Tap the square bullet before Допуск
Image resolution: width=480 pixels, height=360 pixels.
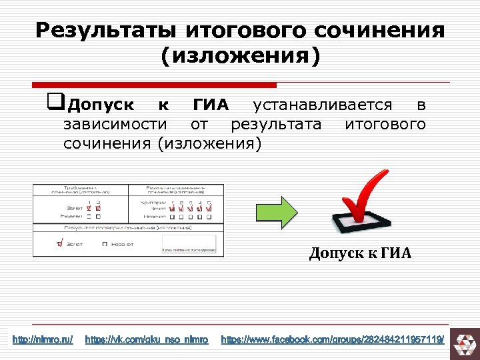coord(55,103)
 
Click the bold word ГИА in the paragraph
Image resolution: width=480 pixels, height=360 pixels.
coord(211,105)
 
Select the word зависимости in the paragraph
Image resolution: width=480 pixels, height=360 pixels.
coord(115,125)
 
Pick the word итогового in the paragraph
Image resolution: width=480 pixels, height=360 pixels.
coord(385,125)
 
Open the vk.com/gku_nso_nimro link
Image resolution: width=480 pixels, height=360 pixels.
coord(147,341)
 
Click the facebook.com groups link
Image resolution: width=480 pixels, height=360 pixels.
coord(332,341)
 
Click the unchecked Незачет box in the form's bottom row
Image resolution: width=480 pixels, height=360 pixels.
coord(105,245)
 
